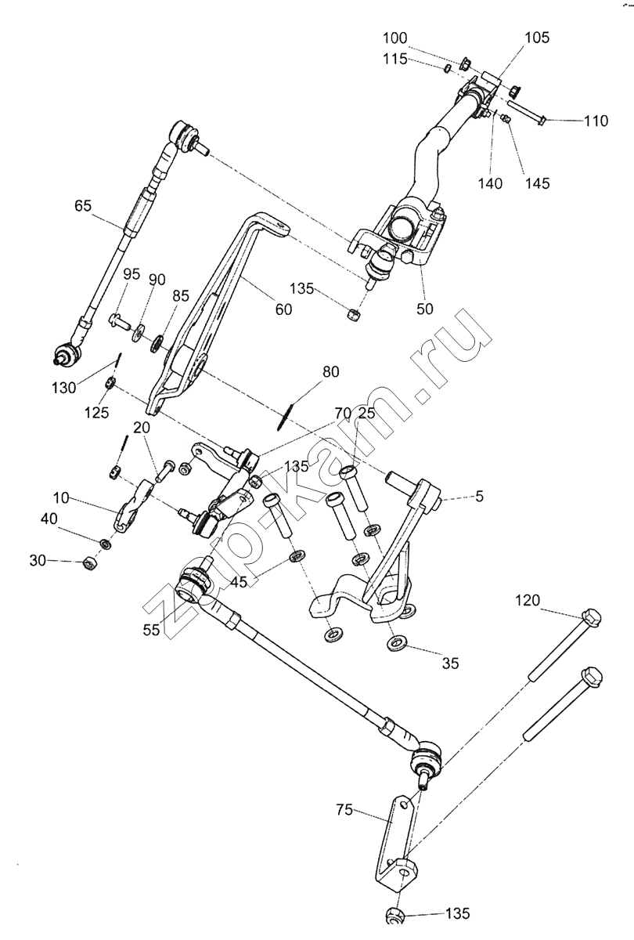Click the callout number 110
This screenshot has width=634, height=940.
tap(596, 121)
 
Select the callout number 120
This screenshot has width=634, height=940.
tap(528, 601)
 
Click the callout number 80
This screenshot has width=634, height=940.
tap(331, 372)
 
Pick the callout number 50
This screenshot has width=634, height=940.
tap(424, 309)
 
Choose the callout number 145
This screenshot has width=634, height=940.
tap(537, 183)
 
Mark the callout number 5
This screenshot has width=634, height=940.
tap(479, 497)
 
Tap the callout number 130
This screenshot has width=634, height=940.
tap(63, 388)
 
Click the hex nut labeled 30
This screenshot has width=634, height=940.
tap(90, 562)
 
